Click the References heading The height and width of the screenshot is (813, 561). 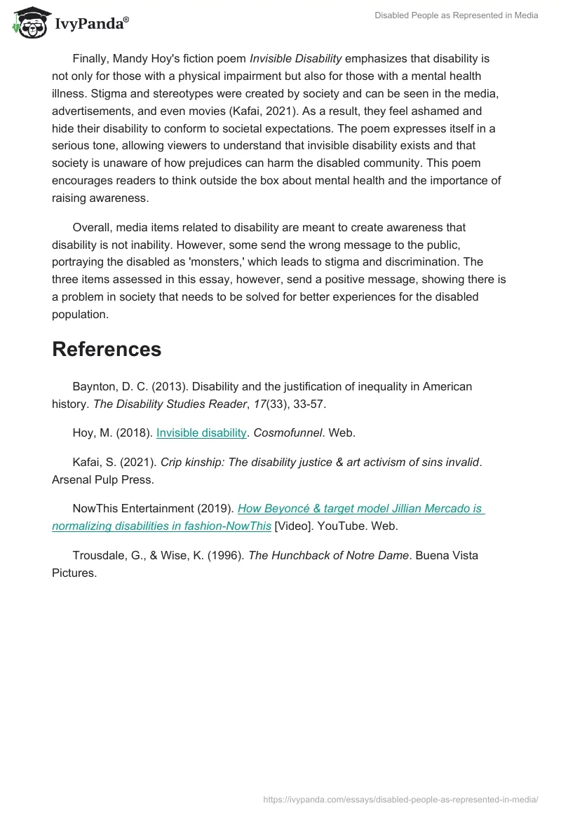(107, 349)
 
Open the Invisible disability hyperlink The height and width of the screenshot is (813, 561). (201, 433)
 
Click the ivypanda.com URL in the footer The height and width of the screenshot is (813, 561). (400, 799)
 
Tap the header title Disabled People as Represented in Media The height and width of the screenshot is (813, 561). (457, 15)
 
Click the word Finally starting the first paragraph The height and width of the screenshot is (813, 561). (93, 59)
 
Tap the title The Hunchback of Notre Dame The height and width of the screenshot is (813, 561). (328, 555)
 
